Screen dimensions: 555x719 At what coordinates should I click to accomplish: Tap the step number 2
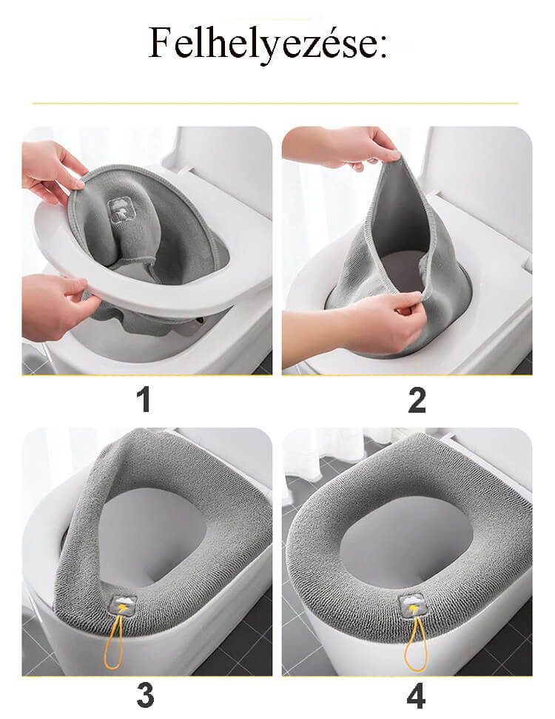click(x=417, y=400)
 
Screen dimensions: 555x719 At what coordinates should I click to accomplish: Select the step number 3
click(x=145, y=695)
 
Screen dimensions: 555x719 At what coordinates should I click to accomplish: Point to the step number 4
click(x=416, y=695)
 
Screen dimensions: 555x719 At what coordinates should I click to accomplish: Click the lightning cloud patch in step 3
click(x=121, y=606)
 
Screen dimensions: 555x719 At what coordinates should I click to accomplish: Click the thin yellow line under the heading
click(x=275, y=104)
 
